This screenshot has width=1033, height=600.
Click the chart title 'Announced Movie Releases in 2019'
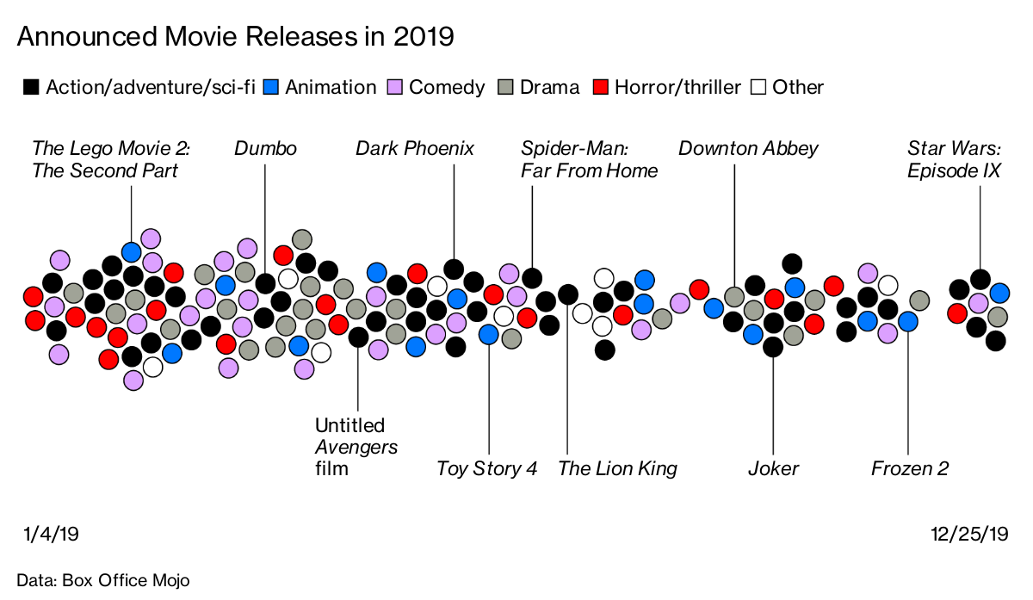pyautogui.click(x=235, y=36)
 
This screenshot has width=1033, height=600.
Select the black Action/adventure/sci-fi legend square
pyautogui.click(x=31, y=87)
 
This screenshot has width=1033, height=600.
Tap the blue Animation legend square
pyautogui.click(x=271, y=87)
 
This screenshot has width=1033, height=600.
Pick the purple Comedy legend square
pyautogui.click(x=395, y=87)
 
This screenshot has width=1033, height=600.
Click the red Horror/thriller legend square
pyautogui.click(x=602, y=87)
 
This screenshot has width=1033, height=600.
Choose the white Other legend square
pyautogui.click(x=758, y=87)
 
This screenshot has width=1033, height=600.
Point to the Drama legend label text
pyautogui.click(x=549, y=87)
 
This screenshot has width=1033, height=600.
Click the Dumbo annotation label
pyautogui.click(x=265, y=149)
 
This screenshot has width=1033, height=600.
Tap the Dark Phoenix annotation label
pyautogui.click(x=415, y=149)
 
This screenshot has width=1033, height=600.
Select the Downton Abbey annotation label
pyautogui.click(x=748, y=149)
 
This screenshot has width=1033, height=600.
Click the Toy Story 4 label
pyautogui.click(x=487, y=469)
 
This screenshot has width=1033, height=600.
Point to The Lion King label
pyautogui.click(x=617, y=469)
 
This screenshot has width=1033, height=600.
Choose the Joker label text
pyautogui.click(x=773, y=469)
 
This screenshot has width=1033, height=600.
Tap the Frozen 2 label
pyautogui.click(x=910, y=469)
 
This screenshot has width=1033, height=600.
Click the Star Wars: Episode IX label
pyautogui.click(x=954, y=160)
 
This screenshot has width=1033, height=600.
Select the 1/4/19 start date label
pyautogui.click(x=51, y=535)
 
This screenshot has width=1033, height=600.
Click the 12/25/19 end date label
pyautogui.click(x=969, y=535)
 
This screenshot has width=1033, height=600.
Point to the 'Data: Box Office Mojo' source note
pyautogui.click(x=102, y=580)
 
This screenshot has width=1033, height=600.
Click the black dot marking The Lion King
pyautogui.click(x=567, y=294)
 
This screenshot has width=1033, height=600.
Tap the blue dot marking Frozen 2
pyautogui.click(x=908, y=321)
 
